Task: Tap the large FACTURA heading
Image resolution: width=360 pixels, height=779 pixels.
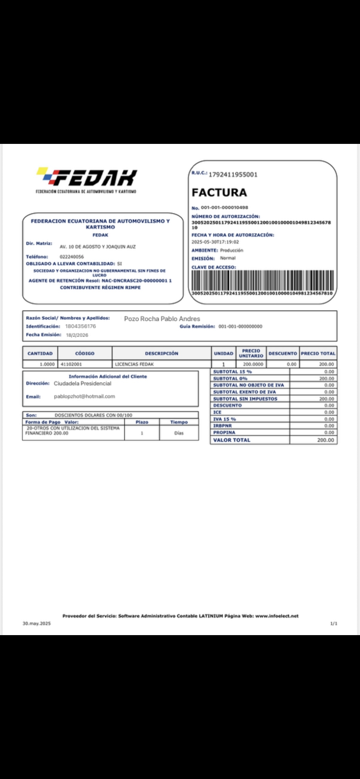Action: pyautogui.click(x=219, y=192)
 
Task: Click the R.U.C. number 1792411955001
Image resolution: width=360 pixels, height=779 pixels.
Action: pyautogui.click(x=233, y=174)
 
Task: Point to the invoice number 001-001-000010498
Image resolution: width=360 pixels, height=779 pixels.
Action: pyautogui.click(x=224, y=207)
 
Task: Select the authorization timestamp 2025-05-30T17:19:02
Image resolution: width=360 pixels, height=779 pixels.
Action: pyautogui.click(x=215, y=242)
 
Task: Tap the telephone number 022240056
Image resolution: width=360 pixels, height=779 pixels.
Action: pyautogui.click(x=72, y=256)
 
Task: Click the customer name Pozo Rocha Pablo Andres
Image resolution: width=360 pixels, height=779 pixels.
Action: pyautogui.click(x=162, y=319)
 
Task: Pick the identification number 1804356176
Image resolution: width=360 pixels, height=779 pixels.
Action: pyautogui.click(x=80, y=326)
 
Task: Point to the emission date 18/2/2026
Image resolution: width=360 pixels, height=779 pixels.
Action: pyautogui.click(x=77, y=335)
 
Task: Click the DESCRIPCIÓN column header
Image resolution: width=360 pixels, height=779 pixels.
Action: pyautogui.click(x=161, y=353)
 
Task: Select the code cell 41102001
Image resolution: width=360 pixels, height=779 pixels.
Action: pyautogui.click(x=71, y=364)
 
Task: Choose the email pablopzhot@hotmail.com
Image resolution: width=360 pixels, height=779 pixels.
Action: pyautogui.click(x=84, y=396)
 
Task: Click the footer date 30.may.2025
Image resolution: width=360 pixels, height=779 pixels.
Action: pyautogui.click(x=37, y=623)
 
